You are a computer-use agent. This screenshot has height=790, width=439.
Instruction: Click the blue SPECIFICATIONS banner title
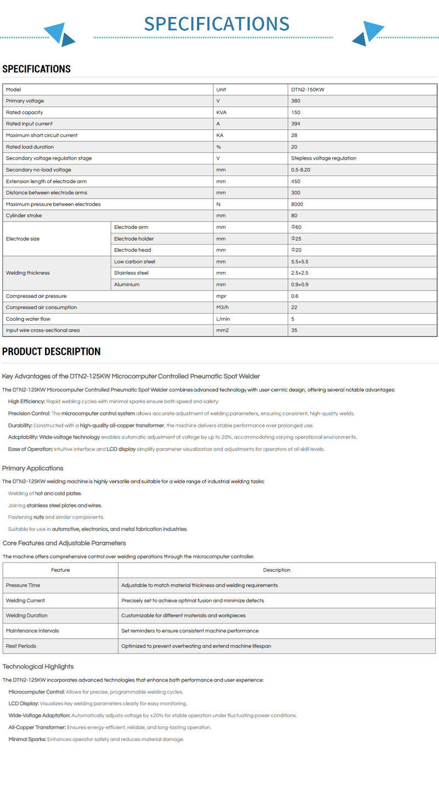(217, 24)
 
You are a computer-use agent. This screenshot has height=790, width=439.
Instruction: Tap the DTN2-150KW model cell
(308, 89)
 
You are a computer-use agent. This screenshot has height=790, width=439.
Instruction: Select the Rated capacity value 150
(296, 112)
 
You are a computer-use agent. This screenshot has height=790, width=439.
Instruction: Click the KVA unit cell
(222, 112)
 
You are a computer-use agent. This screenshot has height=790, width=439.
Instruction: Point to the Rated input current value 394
(296, 124)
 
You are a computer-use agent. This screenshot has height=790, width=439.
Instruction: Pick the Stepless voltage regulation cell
(324, 158)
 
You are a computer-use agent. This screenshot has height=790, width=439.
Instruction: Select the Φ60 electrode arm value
(297, 227)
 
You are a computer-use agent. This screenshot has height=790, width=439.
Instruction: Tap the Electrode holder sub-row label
(134, 238)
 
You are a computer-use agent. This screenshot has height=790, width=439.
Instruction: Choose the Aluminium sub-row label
(127, 285)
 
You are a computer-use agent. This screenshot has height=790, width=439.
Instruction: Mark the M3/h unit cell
(223, 308)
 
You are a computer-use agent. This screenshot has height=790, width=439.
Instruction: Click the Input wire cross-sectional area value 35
(295, 331)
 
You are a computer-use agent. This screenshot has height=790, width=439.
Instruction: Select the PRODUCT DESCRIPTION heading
(52, 351)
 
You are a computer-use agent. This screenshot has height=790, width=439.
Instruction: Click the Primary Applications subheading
(33, 468)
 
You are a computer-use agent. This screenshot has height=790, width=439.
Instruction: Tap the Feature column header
(60, 570)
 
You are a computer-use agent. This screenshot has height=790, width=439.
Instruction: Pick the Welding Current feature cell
(26, 600)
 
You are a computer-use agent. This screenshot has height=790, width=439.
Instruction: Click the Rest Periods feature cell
(21, 646)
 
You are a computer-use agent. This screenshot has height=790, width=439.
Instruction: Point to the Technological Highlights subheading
(38, 667)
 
